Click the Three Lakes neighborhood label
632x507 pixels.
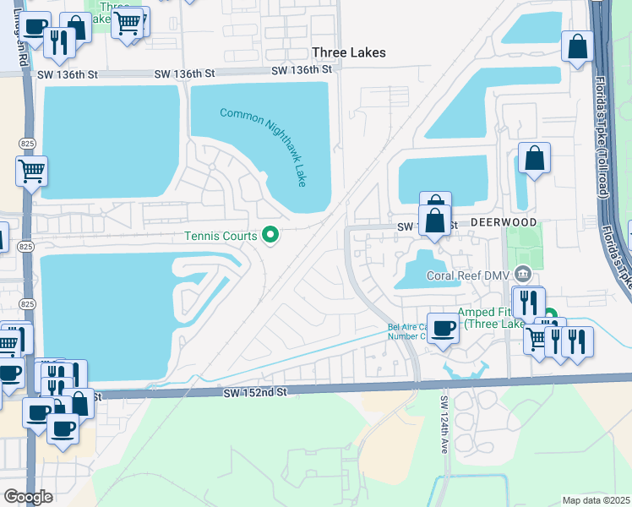point(348,52)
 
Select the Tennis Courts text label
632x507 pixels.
point(222,236)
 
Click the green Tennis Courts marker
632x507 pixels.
point(270,234)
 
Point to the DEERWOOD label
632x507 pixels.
point(504,222)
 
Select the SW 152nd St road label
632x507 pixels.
point(256,393)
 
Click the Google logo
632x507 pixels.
point(28,496)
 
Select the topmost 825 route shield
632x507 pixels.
point(25,144)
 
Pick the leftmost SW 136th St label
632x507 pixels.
point(63,74)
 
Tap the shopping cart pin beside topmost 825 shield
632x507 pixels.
point(32,171)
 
